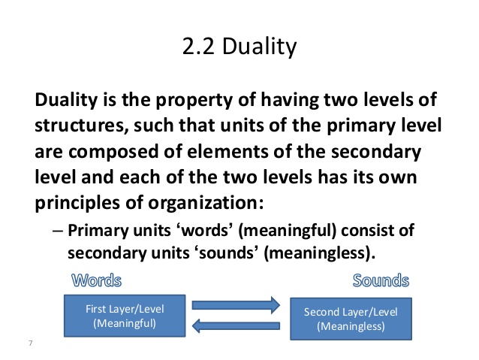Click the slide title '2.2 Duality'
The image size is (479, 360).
point(239,49)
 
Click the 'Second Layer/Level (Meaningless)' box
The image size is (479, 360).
point(350,318)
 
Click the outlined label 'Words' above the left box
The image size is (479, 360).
point(95,281)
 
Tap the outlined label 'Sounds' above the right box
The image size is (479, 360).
point(381,281)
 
